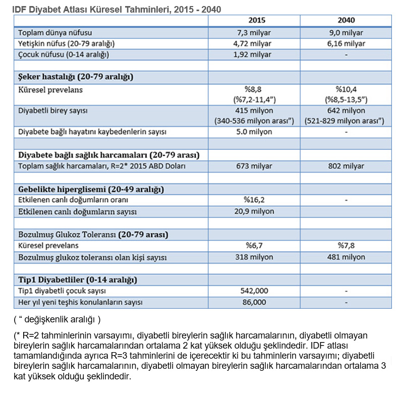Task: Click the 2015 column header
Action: [257, 20]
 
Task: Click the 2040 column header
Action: [346, 20]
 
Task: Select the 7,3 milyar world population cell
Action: [254, 33]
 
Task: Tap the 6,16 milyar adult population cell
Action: [346, 44]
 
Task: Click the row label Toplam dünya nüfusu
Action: [55, 33]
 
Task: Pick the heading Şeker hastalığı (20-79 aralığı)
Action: [76, 77]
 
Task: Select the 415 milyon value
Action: [254, 110]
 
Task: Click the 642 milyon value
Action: [346, 110]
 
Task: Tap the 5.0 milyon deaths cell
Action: [254, 132]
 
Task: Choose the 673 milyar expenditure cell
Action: [254, 166]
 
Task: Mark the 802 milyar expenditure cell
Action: [346, 166]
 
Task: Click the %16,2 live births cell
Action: [254, 200]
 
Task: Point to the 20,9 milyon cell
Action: [254, 211]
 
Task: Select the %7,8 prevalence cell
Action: [346, 246]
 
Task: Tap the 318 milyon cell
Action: [254, 257]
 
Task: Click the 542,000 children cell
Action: [254, 291]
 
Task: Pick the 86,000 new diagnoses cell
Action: [254, 302]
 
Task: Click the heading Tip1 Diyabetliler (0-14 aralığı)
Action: [78, 279]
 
